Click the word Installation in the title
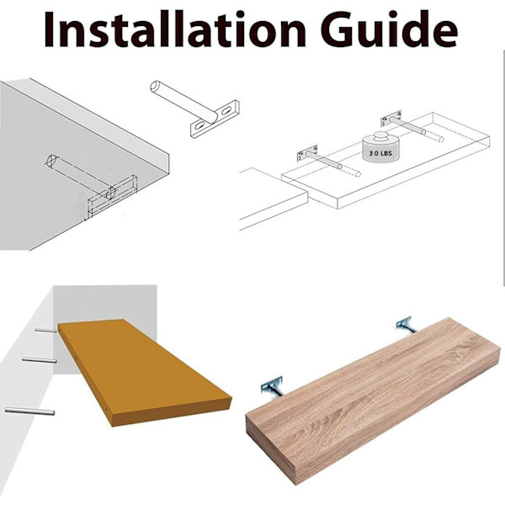[174, 29]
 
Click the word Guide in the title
[389, 29]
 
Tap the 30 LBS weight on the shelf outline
[380, 146]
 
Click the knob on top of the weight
[381, 136]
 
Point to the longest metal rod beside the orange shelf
[29, 411]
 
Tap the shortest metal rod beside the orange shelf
[45, 331]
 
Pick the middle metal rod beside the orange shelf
[40, 359]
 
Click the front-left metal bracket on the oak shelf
[272, 385]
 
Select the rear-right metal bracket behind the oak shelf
[405, 324]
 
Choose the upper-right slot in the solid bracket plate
[226, 110]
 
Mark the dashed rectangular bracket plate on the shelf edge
[113, 195]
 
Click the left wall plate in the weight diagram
[307, 153]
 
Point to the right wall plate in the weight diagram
[391, 119]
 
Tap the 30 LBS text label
[380, 153]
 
